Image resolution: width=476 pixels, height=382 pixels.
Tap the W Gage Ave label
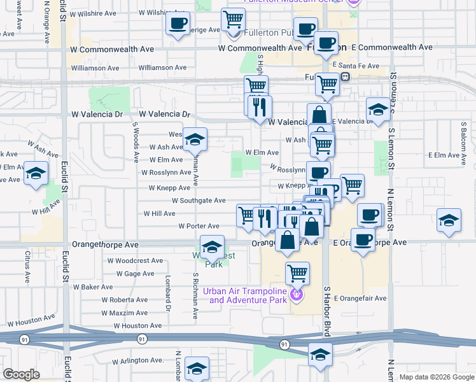[x=135, y=274]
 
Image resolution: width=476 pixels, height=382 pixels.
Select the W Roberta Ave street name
[x=124, y=300]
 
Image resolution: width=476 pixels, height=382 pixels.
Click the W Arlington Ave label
[x=138, y=362]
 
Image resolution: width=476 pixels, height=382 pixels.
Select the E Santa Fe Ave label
[x=356, y=66]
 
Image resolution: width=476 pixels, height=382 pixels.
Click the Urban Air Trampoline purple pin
[x=296, y=295]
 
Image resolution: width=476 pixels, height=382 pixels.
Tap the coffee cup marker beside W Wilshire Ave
[x=178, y=24]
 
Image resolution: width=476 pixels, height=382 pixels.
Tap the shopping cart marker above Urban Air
[x=297, y=273]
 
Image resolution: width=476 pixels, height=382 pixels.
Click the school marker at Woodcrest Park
[x=212, y=246]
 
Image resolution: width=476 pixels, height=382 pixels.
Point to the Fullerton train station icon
[x=345, y=77]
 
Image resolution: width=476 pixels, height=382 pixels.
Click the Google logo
[x=22, y=374]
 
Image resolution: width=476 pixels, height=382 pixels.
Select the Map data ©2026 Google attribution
[x=437, y=377]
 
